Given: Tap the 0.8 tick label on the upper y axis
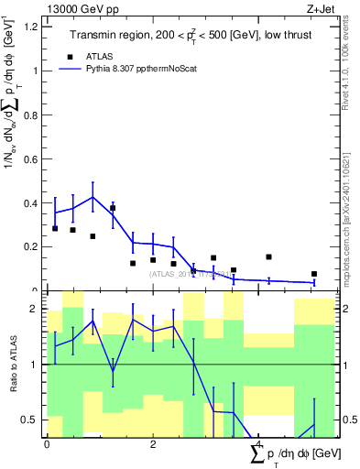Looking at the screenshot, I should coord(29,115).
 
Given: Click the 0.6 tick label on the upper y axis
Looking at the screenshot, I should coord(29,158).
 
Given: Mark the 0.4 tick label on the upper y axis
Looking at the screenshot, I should coord(29,202).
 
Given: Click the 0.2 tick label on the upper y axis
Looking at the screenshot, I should coord(29,246).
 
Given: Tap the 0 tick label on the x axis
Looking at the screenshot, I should coord(47,445).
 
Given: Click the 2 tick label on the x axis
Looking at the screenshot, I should coord(153,445).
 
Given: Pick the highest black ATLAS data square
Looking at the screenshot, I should coord(113,209).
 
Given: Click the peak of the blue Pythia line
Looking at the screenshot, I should coord(93,196).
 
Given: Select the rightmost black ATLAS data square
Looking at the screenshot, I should coord(313,274).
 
